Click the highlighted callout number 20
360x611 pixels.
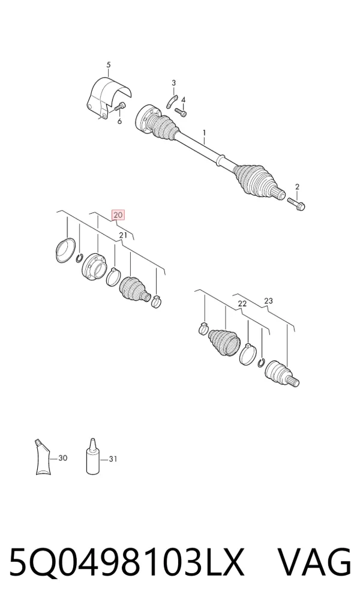[x=118, y=215]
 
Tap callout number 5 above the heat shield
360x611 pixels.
[x=109, y=65]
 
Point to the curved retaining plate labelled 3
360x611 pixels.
[x=172, y=101]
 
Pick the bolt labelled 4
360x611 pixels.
[x=181, y=112]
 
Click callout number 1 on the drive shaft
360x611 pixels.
[x=204, y=135]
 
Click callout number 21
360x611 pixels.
[x=123, y=235]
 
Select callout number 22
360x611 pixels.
[x=242, y=304]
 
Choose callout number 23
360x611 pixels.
[x=268, y=301]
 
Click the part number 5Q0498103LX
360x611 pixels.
[x=127, y=562]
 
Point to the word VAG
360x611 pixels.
[x=314, y=562]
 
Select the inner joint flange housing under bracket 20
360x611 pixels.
[x=94, y=266]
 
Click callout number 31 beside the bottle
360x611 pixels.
[x=113, y=459]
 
